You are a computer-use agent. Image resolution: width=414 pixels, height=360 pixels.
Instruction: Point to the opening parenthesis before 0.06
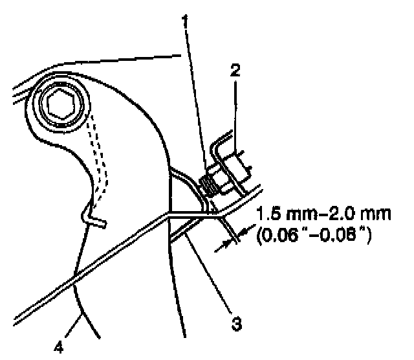coord(261,237)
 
